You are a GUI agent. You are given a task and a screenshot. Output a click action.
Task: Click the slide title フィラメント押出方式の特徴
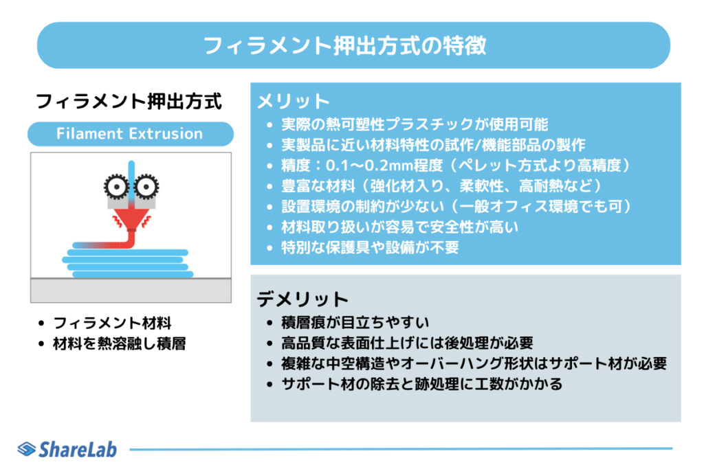tap(345, 46)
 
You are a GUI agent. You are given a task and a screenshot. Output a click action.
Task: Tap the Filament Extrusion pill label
tap(130, 134)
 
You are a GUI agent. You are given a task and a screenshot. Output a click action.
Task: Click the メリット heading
tap(294, 102)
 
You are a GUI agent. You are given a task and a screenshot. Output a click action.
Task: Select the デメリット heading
tap(302, 299)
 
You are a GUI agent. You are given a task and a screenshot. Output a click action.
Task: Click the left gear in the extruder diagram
tap(117, 186)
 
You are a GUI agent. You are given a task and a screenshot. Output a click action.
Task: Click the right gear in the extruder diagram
tap(146, 186)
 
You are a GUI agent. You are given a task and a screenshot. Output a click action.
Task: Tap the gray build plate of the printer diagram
tap(131, 290)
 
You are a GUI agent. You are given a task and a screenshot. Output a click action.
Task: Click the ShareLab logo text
tap(78, 449)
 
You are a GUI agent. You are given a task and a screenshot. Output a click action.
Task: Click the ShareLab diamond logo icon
tap(27, 449)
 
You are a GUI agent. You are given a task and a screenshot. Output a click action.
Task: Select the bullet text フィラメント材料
tap(112, 323)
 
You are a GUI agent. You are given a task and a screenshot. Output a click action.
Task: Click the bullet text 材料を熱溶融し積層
tap(120, 343)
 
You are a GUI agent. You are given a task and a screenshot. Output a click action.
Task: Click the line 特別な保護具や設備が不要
tap(370, 247)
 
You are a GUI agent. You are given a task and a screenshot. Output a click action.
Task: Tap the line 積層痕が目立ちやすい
tap(355, 322)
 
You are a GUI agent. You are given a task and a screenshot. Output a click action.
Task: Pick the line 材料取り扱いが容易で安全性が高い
tap(399, 227)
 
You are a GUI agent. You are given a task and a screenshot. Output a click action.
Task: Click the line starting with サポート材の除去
tap(421, 385)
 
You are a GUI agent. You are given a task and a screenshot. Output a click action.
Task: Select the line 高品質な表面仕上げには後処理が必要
tap(407, 343)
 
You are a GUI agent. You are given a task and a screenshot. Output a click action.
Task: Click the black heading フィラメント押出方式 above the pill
tap(129, 102)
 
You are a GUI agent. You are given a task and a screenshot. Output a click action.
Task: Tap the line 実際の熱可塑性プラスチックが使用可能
tap(415, 124)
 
